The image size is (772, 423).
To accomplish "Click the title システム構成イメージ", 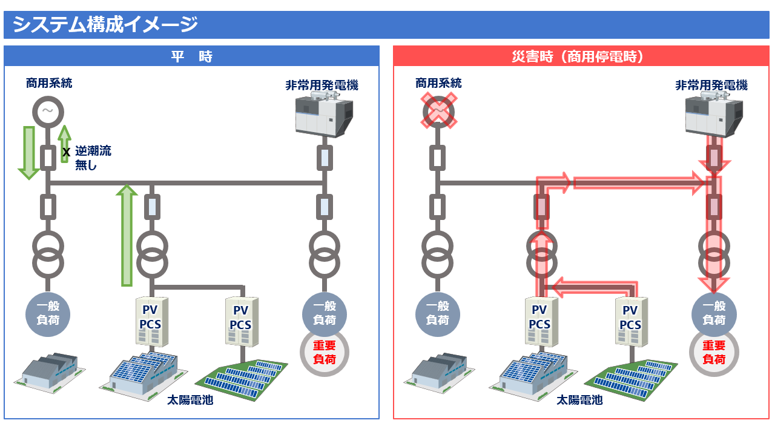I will click(106, 25).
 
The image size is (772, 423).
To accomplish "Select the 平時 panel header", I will click(191, 56).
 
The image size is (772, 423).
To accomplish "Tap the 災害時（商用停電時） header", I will click(582, 56).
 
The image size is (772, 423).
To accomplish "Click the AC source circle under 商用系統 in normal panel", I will click(47, 112).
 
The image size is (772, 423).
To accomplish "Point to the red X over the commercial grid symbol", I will click(438, 112).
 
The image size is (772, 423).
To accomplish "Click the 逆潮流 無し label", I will click(92, 158).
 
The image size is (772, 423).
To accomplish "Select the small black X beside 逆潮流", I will click(66, 152).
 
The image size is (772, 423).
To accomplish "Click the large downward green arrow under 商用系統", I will click(28, 152).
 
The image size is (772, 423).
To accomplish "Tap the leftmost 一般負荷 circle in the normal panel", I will click(47, 313).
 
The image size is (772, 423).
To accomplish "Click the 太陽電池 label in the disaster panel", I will click(579, 400).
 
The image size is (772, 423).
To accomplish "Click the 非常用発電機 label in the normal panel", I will click(322, 85).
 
